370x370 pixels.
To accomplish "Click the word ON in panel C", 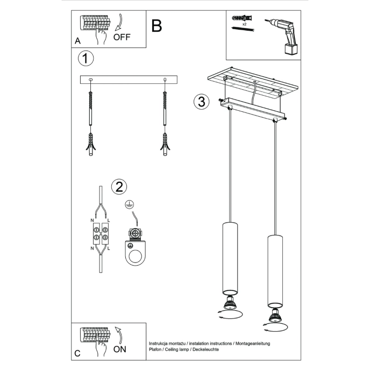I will [121, 349].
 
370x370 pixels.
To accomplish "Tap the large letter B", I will [156, 26].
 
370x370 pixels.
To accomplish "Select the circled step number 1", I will [86, 58].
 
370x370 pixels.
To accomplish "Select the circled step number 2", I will [119, 186].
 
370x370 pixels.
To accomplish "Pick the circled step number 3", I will [201, 102].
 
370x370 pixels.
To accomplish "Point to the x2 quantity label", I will [244, 25].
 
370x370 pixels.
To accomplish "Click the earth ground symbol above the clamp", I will [128, 204].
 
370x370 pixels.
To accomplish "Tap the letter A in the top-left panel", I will [77, 40].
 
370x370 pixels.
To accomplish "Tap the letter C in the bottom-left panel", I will [77, 353].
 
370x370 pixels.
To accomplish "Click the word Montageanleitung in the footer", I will [252, 343].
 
